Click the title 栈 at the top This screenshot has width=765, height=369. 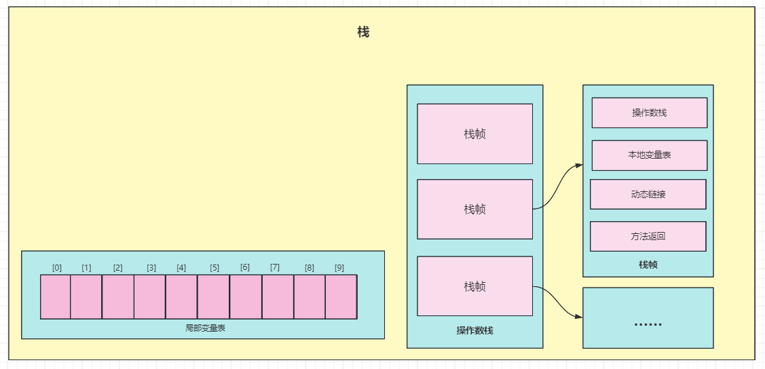coord(363,32)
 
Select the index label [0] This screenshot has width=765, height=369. coord(57,268)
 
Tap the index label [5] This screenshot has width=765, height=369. coord(214,268)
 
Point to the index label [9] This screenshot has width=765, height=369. coord(339,268)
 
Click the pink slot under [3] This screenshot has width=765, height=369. coord(149,297)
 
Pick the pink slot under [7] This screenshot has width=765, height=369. coord(278,297)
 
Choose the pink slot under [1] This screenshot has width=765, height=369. coord(86,297)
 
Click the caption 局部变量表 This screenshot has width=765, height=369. coord(203,328)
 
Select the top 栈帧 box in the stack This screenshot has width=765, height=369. coord(474,134)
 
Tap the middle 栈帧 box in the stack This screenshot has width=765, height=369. coord(474,209)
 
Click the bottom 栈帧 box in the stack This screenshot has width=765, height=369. coord(474,286)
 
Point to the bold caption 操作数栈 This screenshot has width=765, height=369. coord(474,331)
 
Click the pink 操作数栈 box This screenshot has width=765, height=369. coord(649,113)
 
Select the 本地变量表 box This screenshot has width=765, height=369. coord(649,155)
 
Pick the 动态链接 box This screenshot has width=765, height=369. coord(648,194)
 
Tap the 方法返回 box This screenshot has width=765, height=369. coord(648,236)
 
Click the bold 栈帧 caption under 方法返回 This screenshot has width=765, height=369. coord(648,265)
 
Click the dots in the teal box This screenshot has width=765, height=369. coord(648,324)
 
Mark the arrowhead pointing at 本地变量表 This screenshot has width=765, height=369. coord(579,165)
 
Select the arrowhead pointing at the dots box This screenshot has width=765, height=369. coord(579,317)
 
